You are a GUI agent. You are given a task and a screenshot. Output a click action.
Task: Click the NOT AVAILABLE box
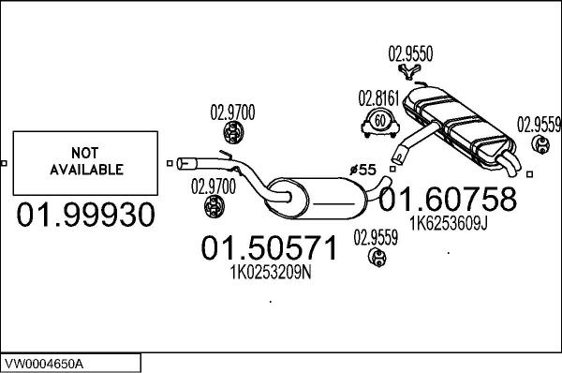83,162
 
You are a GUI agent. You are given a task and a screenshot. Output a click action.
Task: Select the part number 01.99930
85,216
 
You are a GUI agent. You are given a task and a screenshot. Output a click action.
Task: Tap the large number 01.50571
269,248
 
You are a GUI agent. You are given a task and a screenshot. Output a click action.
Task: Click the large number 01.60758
447,200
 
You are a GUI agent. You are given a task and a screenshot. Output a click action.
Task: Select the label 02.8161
377,97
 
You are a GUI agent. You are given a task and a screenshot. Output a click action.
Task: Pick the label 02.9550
410,55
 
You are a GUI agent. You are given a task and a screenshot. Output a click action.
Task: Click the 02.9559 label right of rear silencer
540,123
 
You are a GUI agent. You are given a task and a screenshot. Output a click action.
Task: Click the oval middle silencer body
318,195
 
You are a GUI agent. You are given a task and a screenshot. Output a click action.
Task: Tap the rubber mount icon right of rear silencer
540,144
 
